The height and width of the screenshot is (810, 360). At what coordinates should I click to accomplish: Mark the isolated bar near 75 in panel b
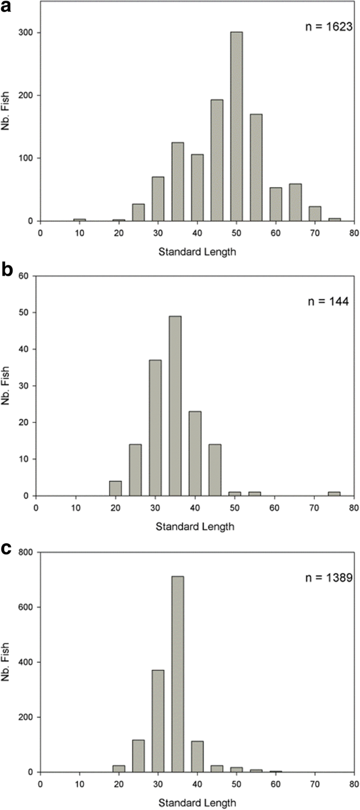coord(334,494)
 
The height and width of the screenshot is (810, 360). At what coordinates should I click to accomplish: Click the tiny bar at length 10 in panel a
coord(79,220)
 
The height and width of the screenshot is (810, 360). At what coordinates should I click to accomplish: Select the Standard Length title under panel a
coord(197,251)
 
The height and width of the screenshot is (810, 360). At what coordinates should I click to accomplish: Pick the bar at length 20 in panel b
coord(115,488)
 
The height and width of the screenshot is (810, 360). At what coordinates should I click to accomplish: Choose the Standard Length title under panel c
coord(197,803)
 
